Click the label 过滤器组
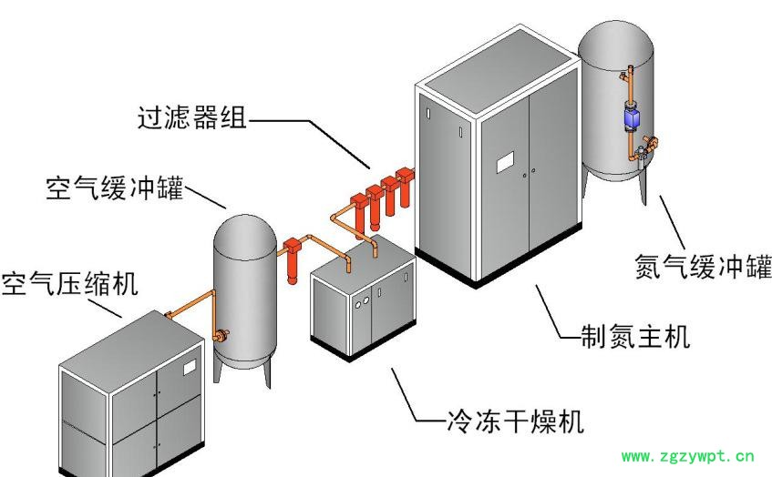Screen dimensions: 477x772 (191, 119)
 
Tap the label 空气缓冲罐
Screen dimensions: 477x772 (114, 190)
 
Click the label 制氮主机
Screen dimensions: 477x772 (635, 338)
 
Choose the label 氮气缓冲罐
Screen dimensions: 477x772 (702, 268)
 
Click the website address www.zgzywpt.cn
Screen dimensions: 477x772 (687, 457)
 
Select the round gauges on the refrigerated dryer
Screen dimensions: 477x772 (362, 301)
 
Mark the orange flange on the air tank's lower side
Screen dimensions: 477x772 (219, 335)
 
